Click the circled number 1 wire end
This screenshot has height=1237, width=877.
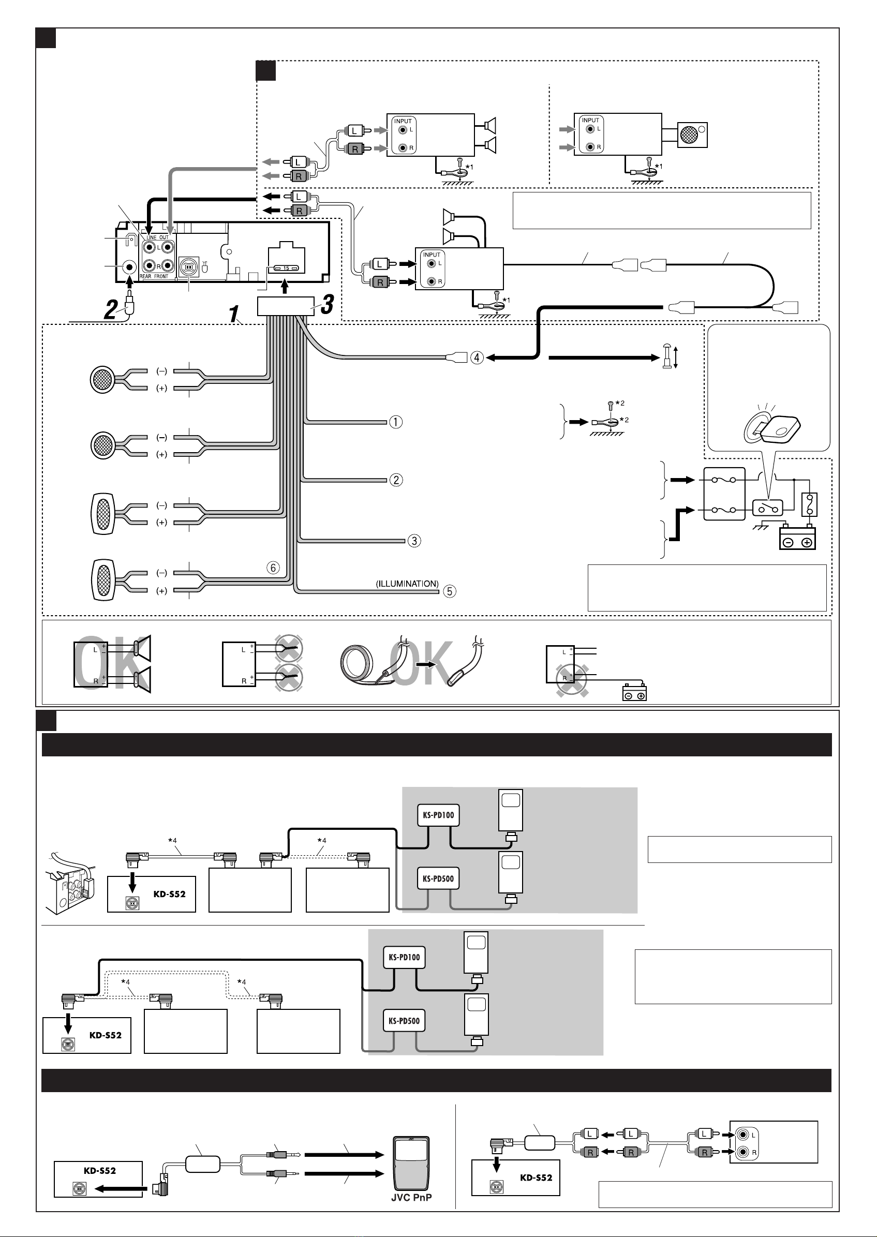pos(396,422)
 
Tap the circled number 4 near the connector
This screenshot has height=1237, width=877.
pos(477,357)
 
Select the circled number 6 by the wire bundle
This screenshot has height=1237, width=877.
pos(273,568)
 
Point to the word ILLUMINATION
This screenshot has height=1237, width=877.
pos(407,584)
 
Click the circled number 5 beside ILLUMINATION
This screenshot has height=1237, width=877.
pos(449,591)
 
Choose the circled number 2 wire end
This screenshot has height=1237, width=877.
pos(396,480)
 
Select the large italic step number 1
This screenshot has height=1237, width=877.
pos(234,314)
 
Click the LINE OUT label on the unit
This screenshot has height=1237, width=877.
pos(158,237)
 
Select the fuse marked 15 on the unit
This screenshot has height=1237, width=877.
pos(287,268)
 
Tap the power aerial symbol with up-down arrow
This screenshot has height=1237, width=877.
pos(670,357)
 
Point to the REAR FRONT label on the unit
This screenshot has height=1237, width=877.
pos(154,276)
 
